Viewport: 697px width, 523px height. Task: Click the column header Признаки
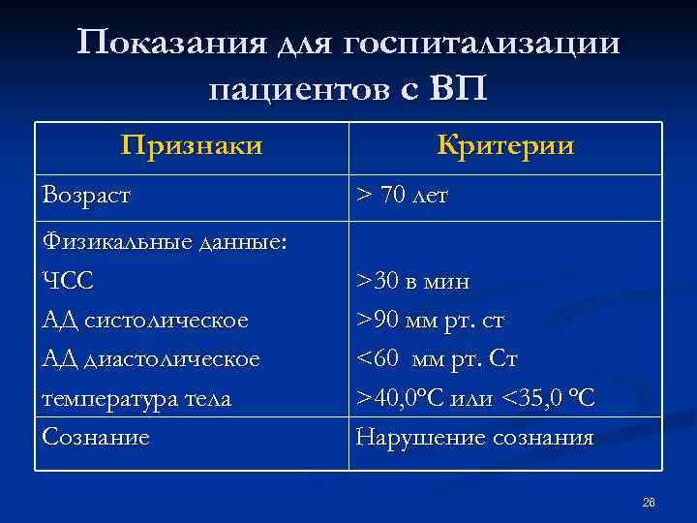[x=192, y=145]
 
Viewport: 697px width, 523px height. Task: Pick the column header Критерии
[x=505, y=145]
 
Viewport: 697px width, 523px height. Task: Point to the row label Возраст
[x=87, y=196]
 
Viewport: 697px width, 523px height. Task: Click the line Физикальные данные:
[x=165, y=242]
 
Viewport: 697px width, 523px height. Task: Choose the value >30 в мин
[x=413, y=282]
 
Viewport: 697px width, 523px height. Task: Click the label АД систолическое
[x=145, y=320]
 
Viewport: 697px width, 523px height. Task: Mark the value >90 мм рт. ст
[x=431, y=320]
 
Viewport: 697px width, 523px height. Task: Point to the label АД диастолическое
[x=151, y=358]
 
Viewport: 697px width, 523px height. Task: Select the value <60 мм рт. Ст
[x=438, y=358]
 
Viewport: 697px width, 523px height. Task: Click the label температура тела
[x=136, y=398]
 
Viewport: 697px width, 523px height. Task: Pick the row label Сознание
[x=96, y=437]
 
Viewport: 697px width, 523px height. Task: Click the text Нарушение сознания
[x=474, y=437]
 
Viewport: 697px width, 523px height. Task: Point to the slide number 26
[x=649, y=502]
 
